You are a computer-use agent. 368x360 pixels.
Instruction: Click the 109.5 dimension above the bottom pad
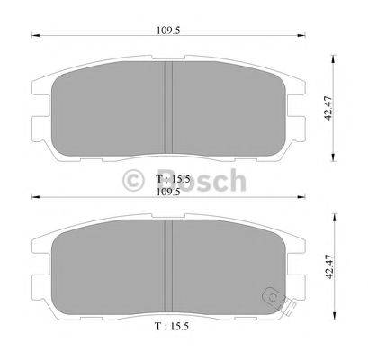164,191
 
